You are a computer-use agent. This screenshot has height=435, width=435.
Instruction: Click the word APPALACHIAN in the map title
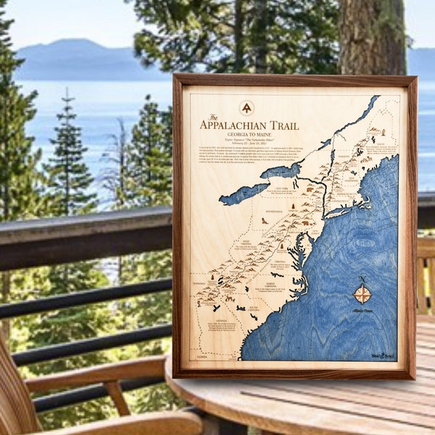(x=239, y=125)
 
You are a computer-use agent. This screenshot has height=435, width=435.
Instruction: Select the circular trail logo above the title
(x=246, y=107)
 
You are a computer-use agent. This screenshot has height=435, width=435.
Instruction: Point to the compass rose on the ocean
(x=362, y=294)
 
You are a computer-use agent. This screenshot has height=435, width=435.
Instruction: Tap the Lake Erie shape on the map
(x=244, y=193)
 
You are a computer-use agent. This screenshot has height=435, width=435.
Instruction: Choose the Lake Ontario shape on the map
(x=281, y=172)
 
